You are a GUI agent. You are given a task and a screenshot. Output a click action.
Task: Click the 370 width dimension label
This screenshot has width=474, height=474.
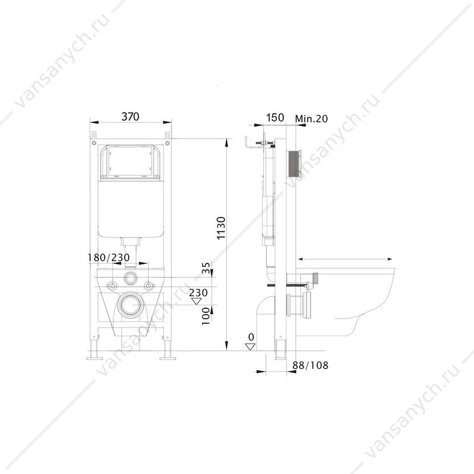[x=130, y=116]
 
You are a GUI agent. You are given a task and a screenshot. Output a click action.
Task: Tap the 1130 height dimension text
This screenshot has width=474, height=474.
[x=221, y=228]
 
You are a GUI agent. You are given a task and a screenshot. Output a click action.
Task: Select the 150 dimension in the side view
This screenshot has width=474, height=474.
[x=275, y=117]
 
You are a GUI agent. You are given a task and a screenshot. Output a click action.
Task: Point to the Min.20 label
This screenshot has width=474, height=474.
[x=312, y=118]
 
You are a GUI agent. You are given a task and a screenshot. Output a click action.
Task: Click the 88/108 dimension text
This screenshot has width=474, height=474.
[x=310, y=365]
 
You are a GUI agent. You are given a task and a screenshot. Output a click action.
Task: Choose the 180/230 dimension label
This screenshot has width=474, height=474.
[x=108, y=258]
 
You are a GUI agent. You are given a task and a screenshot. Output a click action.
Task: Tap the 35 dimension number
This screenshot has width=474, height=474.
[x=206, y=268]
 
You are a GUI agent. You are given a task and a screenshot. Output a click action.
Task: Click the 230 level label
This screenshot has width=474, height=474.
[x=198, y=292]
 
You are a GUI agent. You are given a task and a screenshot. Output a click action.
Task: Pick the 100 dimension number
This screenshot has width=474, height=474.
[x=206, y=316]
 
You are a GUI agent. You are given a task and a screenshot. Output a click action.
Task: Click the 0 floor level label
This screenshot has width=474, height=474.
[x=251, y=337]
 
